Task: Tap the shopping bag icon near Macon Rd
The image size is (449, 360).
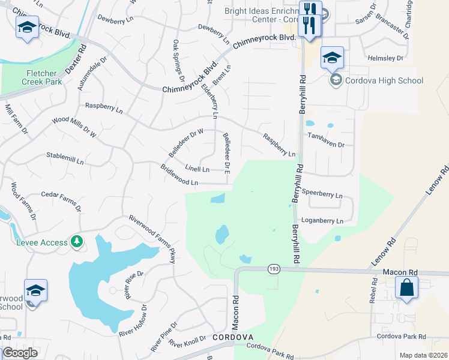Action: [407, 287]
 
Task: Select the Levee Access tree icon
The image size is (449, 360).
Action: [77, 241]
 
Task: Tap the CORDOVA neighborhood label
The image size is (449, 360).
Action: [232, 338]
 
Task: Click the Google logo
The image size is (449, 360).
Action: [20, 353]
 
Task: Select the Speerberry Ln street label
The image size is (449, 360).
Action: [322, 195]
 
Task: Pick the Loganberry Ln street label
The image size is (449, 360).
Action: [322, 221]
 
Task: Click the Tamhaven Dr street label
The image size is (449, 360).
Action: [326, 145]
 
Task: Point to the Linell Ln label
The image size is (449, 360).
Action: [197, 169]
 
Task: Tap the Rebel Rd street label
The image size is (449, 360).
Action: [373, 295]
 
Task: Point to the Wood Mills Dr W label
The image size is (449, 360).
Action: [74, 127]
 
